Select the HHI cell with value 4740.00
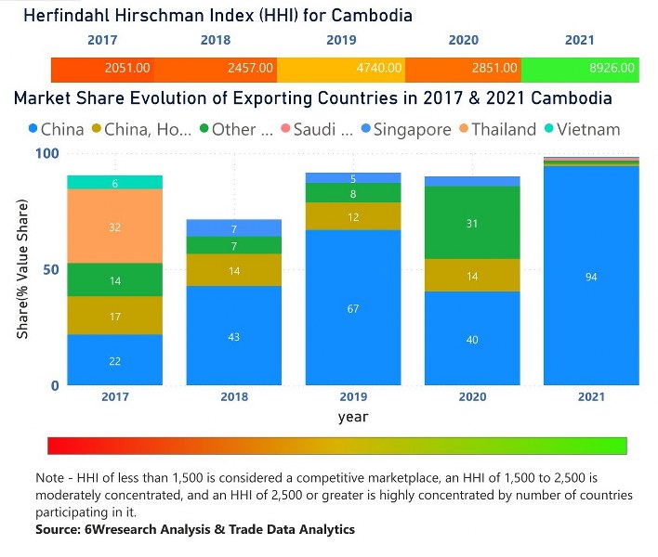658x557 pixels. (x=341, y=69)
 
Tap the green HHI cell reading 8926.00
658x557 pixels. (x=579, y=69)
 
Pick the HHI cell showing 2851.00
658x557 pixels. (x=463, y=69)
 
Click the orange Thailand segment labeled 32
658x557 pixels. (x=114, y=227)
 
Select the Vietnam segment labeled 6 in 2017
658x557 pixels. (x=114, y=183)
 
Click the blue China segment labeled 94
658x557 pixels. (x=591, y=276)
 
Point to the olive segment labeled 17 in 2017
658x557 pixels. (x=114, y=317)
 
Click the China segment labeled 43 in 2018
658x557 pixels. (x=233, y=336)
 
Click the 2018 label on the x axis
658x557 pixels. (x=233, y=396)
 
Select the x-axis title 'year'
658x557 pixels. (x=352, y=417)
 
